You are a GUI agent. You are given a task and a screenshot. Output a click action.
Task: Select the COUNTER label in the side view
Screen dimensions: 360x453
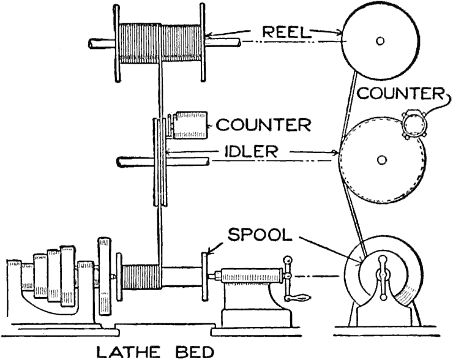tap(400, 93)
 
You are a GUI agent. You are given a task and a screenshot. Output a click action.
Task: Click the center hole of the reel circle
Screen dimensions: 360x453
tap(381, 42)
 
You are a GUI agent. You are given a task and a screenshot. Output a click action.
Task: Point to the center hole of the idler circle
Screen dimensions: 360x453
tap(382, 160)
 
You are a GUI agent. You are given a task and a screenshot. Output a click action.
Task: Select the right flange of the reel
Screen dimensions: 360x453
tap(201, 40)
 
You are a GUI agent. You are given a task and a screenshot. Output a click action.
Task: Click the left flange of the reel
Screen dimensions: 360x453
tap(115, 40)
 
